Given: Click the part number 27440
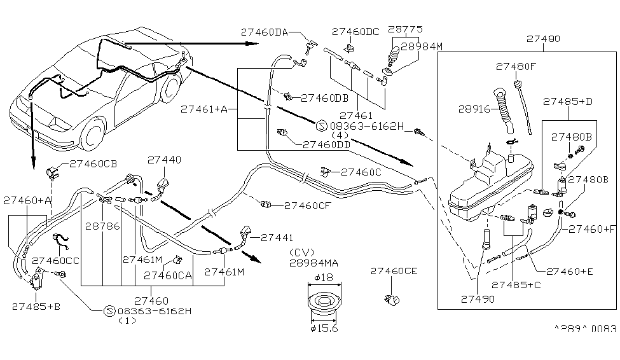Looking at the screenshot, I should pyautogui.click(x=164, y=160).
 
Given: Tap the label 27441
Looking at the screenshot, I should pyautogui.click(x=275, y=237).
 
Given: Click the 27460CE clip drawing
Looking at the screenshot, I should pyautogui.click(x=393, y=298).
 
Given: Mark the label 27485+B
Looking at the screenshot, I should pyautogui.click(x=36, y=306).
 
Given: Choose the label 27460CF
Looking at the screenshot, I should pyautogui.click(x=307, y=205).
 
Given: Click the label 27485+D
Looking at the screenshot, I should pyautogui.click(x=568, y=101).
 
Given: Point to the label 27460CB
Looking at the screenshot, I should pyautogui.click(x=92, y=163).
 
